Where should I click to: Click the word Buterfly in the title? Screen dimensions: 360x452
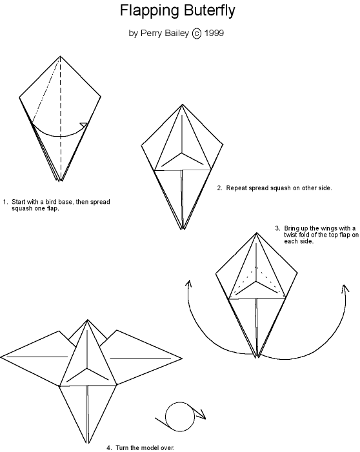click(209, 11)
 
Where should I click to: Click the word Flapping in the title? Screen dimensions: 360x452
click(149, 12)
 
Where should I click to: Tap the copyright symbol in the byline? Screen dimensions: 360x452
click(196, 33)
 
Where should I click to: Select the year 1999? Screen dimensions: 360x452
click(214, 33)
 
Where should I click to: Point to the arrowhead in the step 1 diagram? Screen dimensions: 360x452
click(84, 125)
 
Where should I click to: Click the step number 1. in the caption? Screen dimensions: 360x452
click(5, 202)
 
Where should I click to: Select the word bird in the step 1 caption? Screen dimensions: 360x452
click(51, 202)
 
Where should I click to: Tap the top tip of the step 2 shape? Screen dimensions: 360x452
click(183, 104)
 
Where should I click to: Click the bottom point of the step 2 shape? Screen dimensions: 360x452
click(182, 230)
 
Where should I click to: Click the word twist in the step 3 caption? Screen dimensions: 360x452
click(290, 235)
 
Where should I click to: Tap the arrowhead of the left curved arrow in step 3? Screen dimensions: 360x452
click(188, 283)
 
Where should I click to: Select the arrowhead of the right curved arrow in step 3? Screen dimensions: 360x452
click(345, 288)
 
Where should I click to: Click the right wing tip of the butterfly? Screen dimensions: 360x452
click(182, 359)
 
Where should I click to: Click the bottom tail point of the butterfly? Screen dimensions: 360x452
click(87, 443)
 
